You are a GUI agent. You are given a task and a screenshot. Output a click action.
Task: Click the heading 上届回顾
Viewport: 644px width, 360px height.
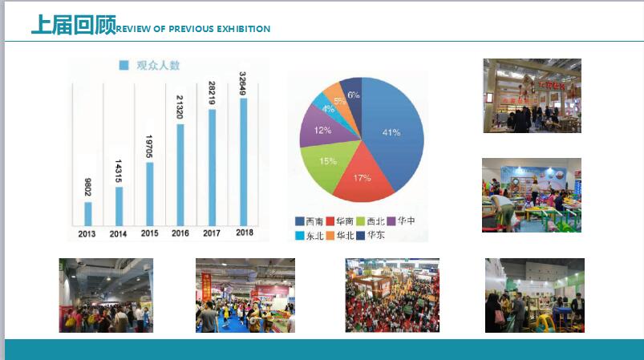point(73,26)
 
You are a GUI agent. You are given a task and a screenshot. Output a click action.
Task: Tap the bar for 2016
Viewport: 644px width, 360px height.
point(180,174)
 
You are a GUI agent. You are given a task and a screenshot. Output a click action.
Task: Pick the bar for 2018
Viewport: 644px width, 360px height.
point(243,161)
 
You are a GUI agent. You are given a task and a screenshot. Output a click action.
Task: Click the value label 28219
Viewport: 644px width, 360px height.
point(212,91)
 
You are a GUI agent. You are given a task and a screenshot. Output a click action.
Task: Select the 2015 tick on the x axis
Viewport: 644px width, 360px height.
point(149,233)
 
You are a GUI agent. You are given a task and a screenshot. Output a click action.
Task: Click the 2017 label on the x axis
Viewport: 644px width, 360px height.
point(212,233)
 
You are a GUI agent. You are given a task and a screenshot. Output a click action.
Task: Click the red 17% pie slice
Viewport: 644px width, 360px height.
point(362,179)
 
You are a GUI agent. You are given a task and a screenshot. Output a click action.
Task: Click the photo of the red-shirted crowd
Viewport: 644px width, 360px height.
point(392,295)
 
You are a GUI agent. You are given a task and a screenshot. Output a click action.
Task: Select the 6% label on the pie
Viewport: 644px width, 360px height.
point(353,95)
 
